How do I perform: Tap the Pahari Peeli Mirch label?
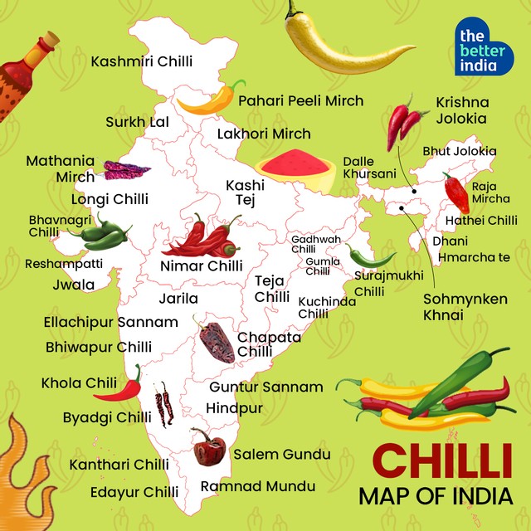301,100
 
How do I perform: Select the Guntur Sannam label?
265,387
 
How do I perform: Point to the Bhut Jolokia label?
459,151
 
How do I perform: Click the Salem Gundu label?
281,454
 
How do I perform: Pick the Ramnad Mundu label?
257,485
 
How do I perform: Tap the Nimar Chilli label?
202,266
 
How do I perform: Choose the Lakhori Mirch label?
264,134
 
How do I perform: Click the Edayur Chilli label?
135,492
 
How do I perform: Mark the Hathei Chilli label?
481,221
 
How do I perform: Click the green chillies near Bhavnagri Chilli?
101,232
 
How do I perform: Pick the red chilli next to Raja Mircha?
455,192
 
